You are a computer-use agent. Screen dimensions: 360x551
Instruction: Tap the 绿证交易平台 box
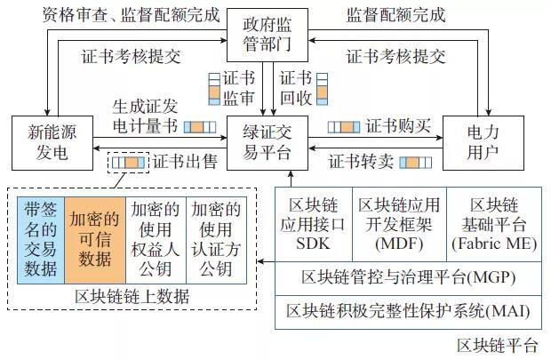coord(267,140)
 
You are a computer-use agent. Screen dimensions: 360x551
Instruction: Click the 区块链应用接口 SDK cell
coord(314,225)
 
